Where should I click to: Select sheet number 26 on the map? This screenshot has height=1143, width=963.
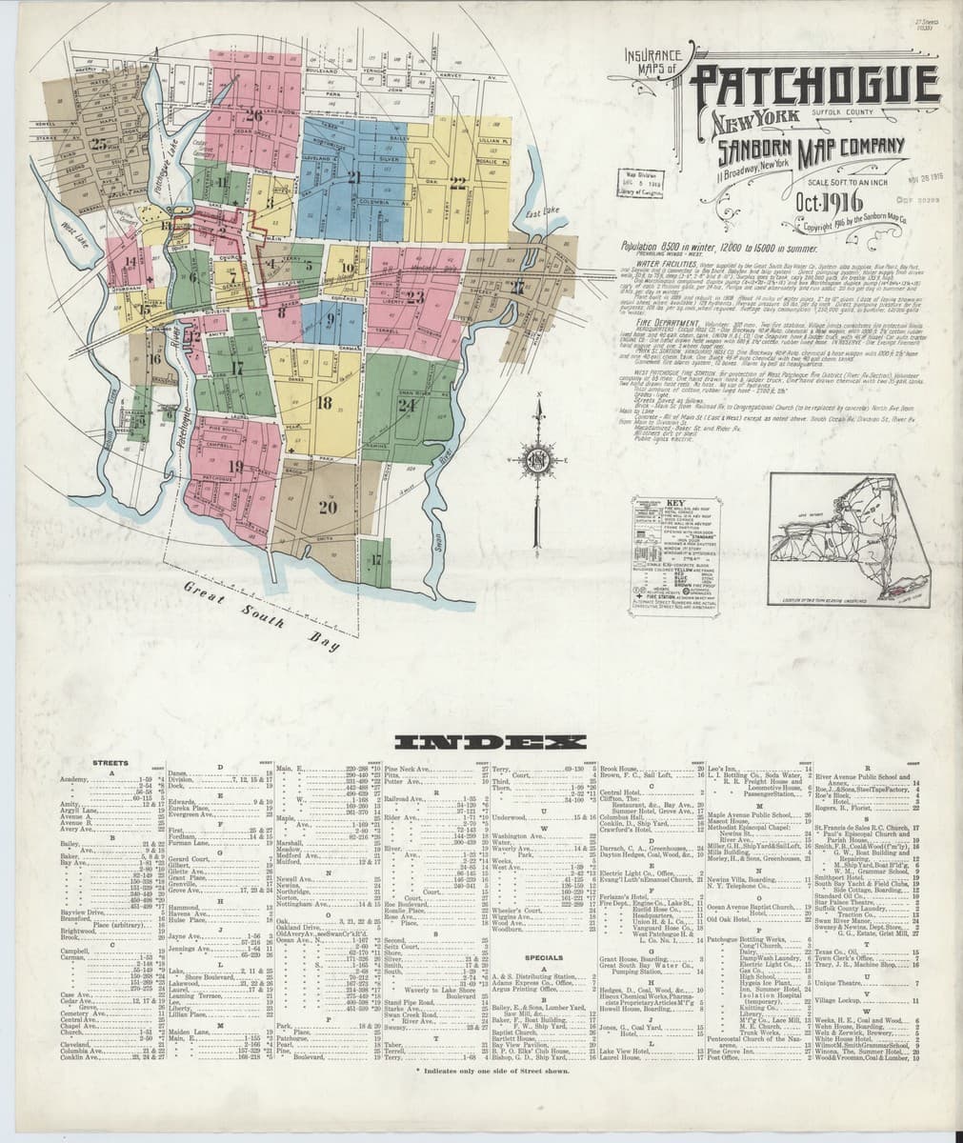253,116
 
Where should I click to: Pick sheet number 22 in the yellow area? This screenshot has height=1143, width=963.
459,184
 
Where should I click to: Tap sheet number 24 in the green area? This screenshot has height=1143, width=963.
409,403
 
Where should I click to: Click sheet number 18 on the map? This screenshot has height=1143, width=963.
324,402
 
